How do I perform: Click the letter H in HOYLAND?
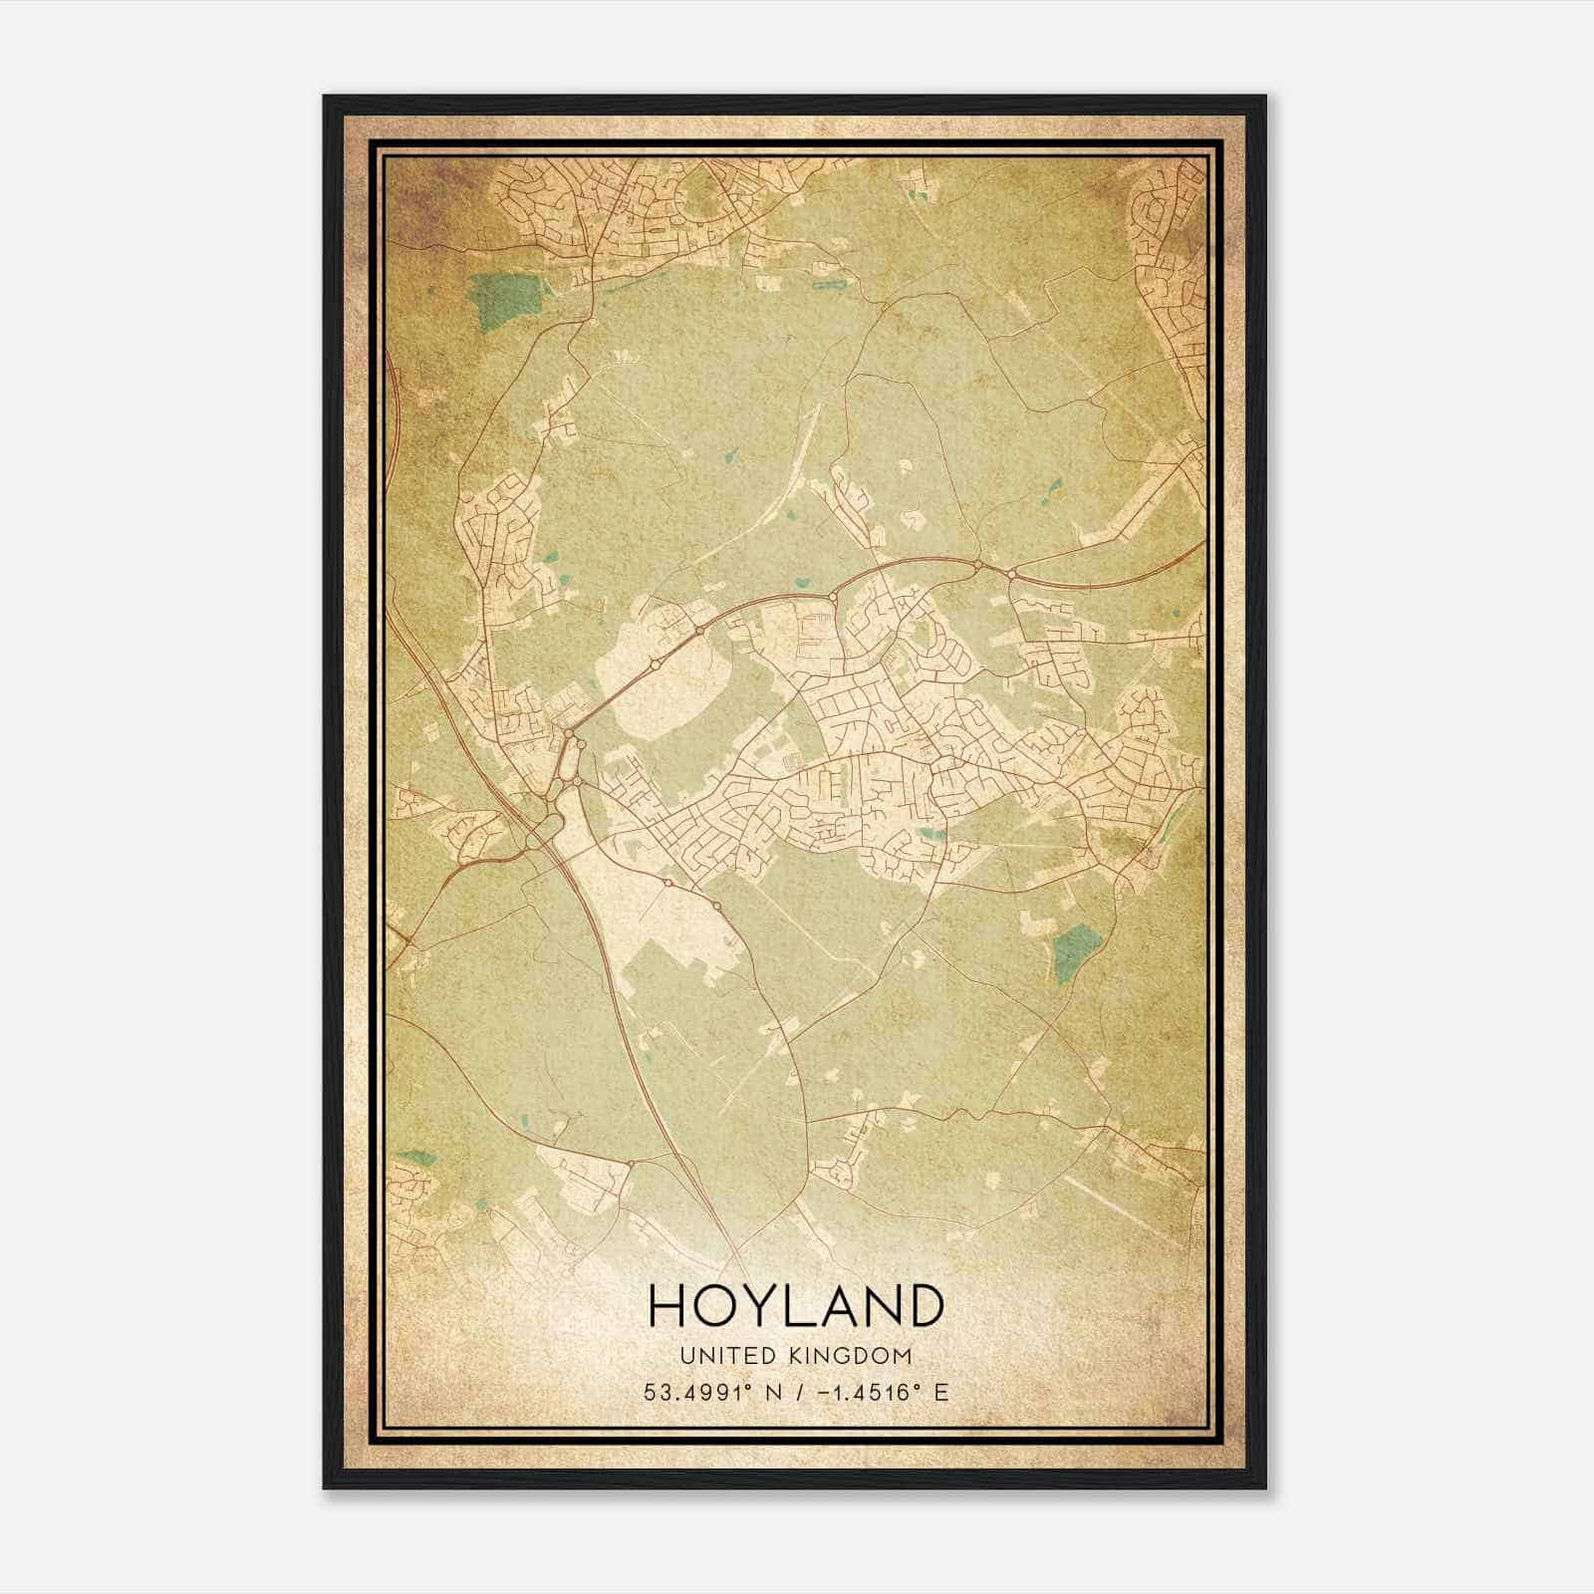tap(668, 1306)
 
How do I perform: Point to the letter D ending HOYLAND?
tap(924, 1306)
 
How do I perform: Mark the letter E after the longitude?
tap(941, 1392)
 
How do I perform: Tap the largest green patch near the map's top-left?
tap(510, 303)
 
